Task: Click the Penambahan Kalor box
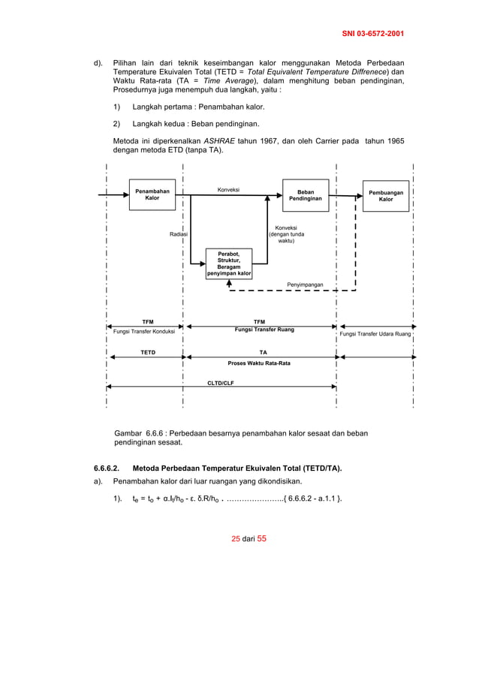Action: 152,195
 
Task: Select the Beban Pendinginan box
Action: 306,195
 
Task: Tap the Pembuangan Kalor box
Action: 385,196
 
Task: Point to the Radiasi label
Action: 178,234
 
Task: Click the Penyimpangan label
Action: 306,285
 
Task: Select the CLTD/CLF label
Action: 221,382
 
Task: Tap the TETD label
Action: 147,351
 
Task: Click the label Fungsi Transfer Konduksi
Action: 143,331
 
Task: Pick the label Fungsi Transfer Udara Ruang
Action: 375,333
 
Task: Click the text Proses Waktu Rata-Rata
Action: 259,363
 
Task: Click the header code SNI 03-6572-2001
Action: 373,34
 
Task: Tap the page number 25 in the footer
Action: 235,538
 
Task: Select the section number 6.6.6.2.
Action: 110,469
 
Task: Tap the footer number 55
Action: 262,538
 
